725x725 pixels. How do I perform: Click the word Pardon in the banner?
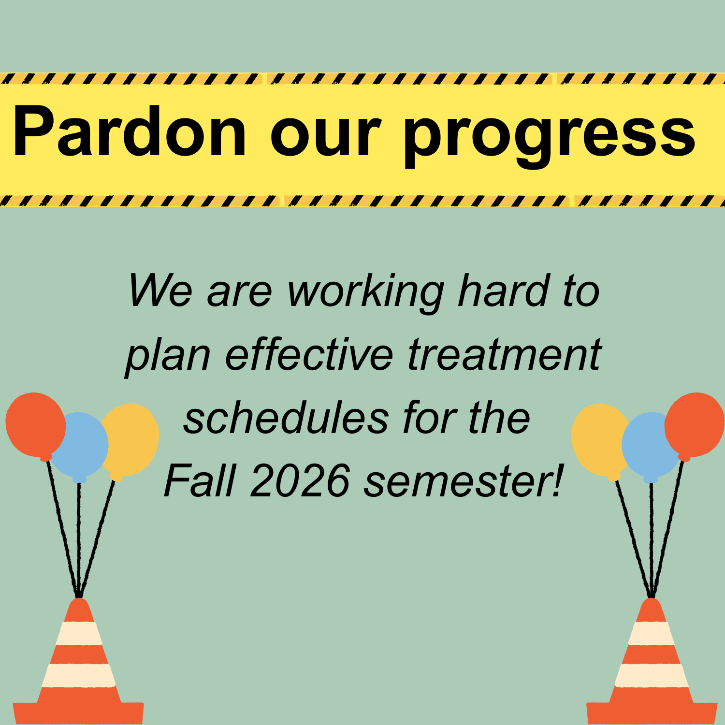(130, 131)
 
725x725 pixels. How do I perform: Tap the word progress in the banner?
(550, 138)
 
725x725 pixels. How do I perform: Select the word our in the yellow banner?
(326, 138)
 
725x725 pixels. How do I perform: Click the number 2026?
(300, 480)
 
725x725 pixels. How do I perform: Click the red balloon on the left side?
(35, 425)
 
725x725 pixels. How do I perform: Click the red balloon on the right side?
(695, 425)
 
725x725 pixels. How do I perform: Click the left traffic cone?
(78, 662)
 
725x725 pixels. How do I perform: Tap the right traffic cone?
(652, 662)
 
